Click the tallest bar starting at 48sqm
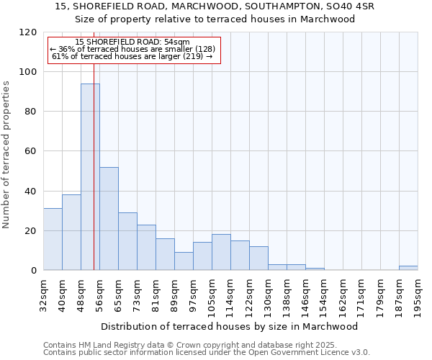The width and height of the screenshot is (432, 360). click(90, 176)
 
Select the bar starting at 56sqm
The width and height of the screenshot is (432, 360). click(109, 218)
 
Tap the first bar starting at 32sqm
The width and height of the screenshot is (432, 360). click(53, 239)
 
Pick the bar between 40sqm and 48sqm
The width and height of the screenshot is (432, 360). click(71, 232)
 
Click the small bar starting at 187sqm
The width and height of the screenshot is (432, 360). click(408, 268)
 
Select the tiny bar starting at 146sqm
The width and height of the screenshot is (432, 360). click(315, 269)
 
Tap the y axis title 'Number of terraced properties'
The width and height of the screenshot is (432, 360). click(6, 155)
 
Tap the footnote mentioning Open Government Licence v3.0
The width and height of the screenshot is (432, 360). click(207, 352)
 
